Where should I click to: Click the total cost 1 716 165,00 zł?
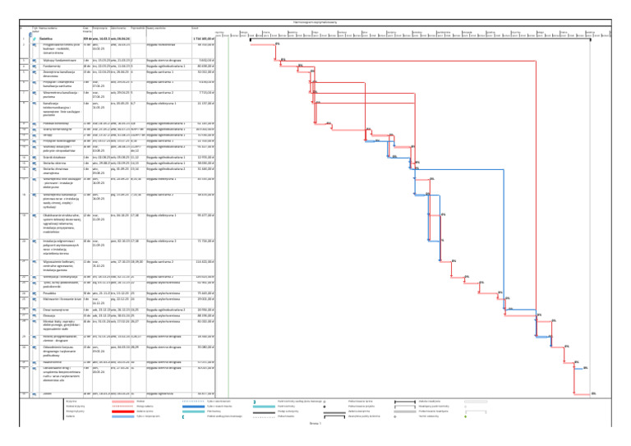[203, 39]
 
